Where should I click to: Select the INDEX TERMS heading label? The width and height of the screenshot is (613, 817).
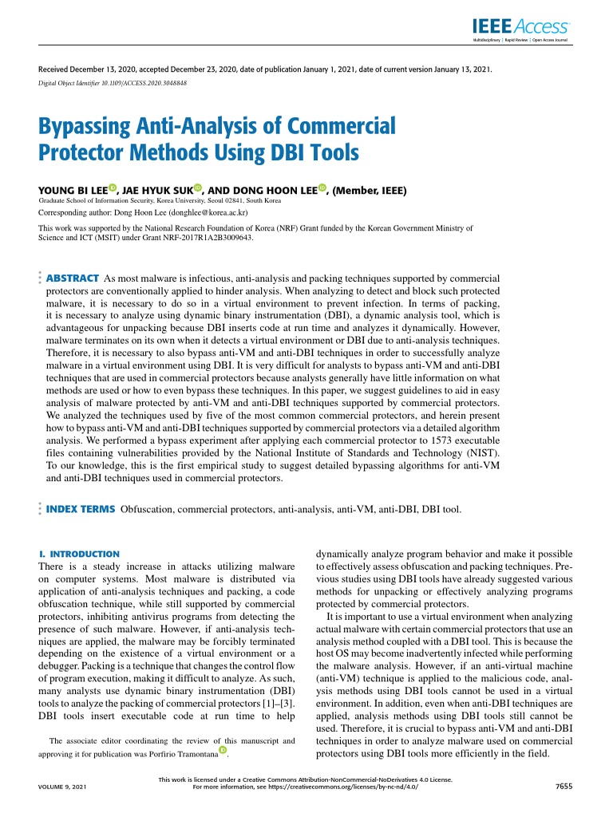click(x=81, y=508)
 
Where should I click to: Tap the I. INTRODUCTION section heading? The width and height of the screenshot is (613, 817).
click(x=79, y=553)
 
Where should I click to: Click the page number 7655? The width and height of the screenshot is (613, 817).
click(x=564, y=786)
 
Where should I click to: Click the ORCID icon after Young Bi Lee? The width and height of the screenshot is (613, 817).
click(x=113, y=188)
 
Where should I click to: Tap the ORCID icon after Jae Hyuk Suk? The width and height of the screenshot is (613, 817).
click(x=197, y=188)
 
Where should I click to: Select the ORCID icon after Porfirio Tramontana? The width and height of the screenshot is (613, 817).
click(x=223, y=751)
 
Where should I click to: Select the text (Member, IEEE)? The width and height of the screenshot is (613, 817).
click(x=370, y=191)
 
